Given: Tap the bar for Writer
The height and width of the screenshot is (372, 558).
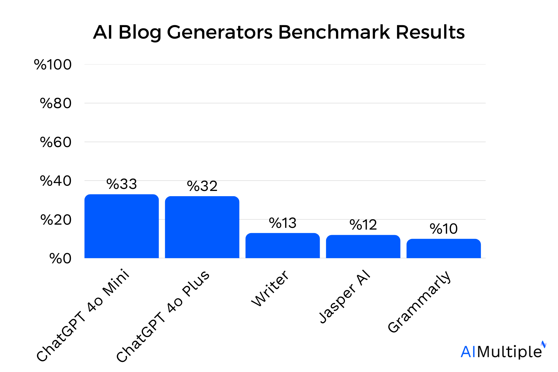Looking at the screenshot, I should [282, 246].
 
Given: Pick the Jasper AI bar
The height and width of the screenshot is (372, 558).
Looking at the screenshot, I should [363, 246].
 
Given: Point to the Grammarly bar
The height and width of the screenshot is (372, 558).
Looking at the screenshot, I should [443, 248].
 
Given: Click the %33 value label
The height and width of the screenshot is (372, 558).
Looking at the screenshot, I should [121, 184].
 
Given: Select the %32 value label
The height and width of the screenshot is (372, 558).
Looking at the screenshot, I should [202, 186].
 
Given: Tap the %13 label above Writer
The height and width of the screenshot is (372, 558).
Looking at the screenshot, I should [282, 223].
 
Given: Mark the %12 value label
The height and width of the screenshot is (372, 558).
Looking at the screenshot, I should [363, 225].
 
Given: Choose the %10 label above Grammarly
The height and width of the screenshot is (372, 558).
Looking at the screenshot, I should [443, 229].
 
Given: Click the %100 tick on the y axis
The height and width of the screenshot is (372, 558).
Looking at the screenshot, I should [53, 65].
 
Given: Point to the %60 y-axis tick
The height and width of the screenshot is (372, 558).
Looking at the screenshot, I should [56, 142].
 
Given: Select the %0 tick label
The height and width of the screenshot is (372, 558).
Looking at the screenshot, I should [60, 258].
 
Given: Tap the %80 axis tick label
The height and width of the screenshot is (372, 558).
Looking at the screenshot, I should [56, 103].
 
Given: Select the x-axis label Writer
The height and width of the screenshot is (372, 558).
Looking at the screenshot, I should [270, 288].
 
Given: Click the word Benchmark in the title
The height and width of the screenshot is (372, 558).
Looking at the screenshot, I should [334, 32].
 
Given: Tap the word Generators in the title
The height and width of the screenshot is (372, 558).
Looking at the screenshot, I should [219, 32].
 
